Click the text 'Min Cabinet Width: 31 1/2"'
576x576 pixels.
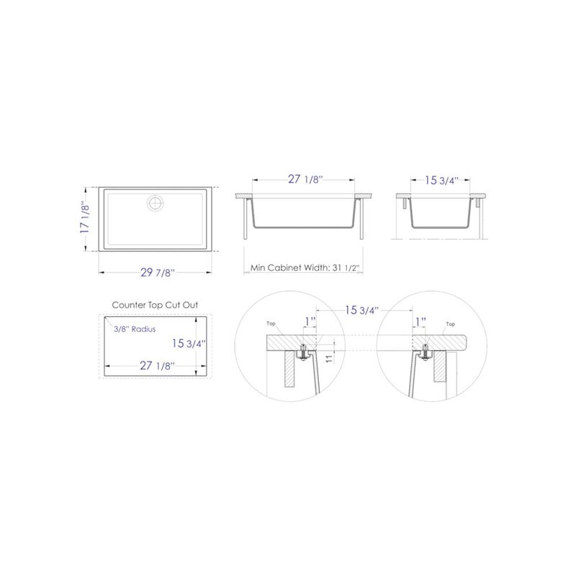point(305,268)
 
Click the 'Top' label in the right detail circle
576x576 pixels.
point(451,325)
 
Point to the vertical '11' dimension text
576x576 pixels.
point(328,358)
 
